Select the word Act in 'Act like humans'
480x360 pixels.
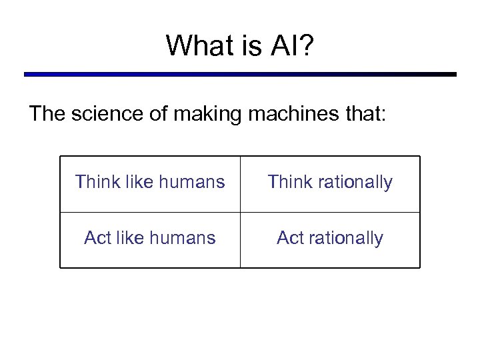coord(97,238)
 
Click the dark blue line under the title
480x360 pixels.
coord(240,74)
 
